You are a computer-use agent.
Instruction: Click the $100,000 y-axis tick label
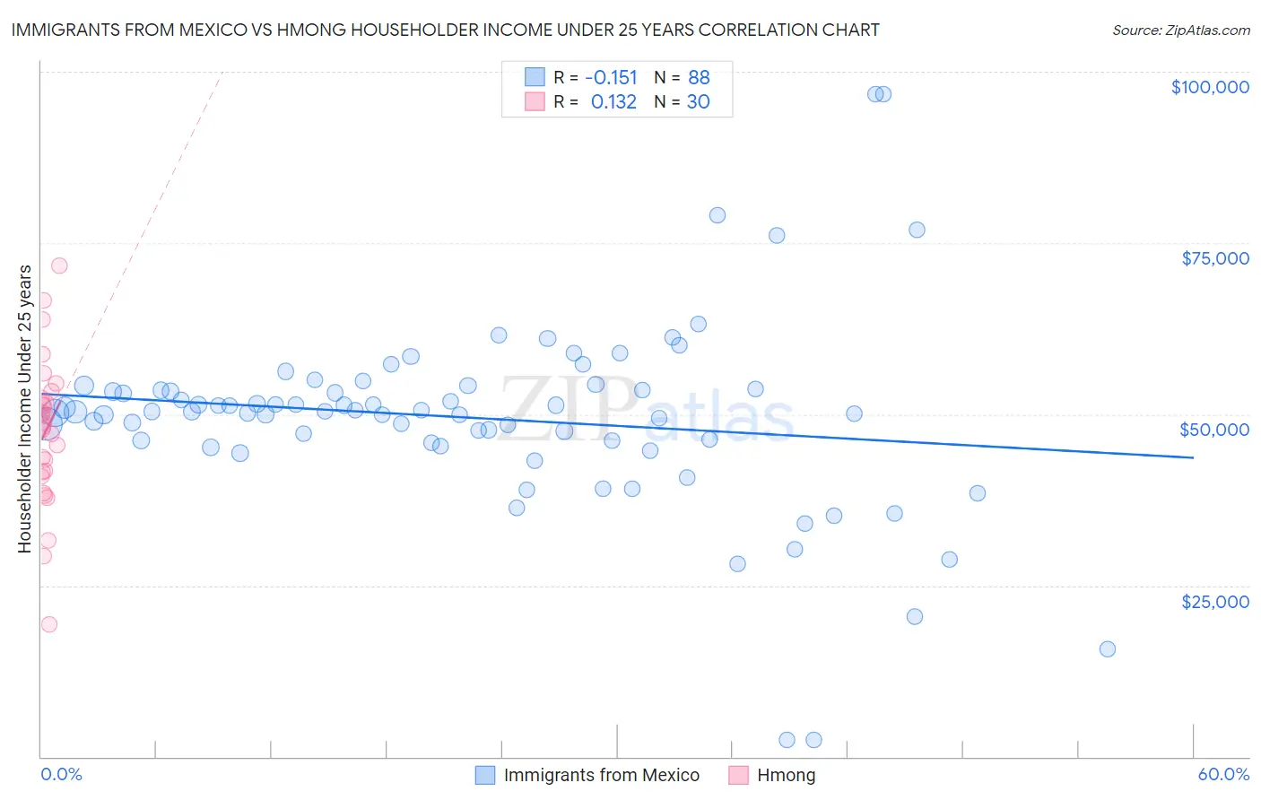point(1210,87)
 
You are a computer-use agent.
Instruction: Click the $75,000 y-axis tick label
point(1214,258)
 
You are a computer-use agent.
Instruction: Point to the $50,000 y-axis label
point(1213,430)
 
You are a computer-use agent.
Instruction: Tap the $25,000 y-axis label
point(1214,602)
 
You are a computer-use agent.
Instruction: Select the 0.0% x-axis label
point(61,775)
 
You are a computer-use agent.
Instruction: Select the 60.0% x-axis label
point(1223,775)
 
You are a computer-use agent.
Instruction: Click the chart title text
point(445,30)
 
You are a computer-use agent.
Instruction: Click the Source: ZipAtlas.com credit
point(1181,30)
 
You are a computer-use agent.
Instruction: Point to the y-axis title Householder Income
point(25,408)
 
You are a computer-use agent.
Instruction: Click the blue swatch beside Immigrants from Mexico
point(485,775)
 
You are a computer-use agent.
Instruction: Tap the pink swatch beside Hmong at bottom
point(738,775)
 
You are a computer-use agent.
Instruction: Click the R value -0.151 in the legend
point(611,77)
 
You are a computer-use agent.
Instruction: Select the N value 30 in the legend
point(698,102)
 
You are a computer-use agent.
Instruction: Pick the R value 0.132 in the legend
point(613,102)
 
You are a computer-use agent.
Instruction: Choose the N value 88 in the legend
point(699,77)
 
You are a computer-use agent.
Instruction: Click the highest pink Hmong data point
point(59,265)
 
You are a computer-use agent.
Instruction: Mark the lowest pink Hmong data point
point(49,624)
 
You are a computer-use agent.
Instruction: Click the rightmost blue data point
point(1108,649)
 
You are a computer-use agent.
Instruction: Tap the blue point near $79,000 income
point(717,215)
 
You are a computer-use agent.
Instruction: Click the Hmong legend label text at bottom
point(786,775)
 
